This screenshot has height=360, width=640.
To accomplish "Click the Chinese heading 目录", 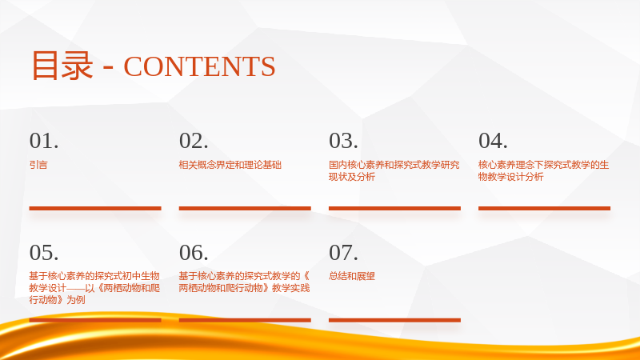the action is tap(62, 66).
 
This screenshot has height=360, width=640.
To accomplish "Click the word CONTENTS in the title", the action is tap(199, 66).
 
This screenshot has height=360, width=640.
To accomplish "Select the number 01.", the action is tap(44, 141).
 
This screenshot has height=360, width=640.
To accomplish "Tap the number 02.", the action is tap(194, 141).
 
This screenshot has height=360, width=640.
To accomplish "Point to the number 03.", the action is tap(343, 141).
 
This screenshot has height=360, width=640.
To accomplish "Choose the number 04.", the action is tap(493, 141).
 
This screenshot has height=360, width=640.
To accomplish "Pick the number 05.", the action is tap(44, 253).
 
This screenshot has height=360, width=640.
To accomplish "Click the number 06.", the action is tap(194, 253).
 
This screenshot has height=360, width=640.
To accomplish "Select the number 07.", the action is tap(343, 253).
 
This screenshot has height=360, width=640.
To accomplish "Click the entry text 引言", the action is tap(38, 165).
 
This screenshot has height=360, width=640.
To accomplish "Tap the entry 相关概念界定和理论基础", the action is tap(230, 165).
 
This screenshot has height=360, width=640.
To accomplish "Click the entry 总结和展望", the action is tap(352, 276).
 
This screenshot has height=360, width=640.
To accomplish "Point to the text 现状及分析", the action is tap(352, 177).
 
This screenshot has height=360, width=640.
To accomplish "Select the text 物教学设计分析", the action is tap(511, 177).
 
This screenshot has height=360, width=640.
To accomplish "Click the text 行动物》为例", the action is tap(57, 300).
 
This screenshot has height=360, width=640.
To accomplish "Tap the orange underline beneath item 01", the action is tap(95, 208).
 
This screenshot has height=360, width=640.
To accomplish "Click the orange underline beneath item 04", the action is tap(545, 208).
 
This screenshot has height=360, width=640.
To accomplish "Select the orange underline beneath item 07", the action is tap(394, 320).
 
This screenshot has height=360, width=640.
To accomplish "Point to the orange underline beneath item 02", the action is tap(245, 208).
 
